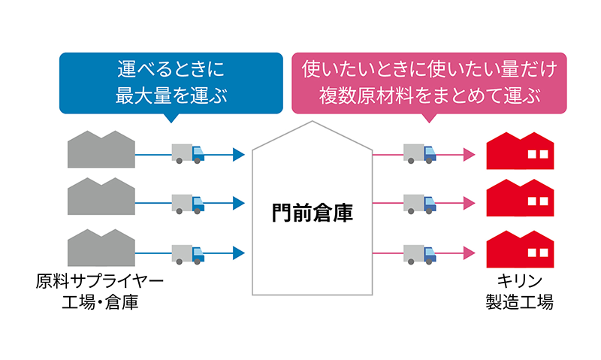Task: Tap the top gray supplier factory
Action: [101, 150]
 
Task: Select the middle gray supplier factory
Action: [101, 198]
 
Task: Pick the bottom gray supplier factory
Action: [101, 247]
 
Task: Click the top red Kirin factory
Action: [519, 151]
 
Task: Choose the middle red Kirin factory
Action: [519, 199]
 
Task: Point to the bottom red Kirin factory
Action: [519, 247]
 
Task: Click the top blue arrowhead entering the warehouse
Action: [239, 155]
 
